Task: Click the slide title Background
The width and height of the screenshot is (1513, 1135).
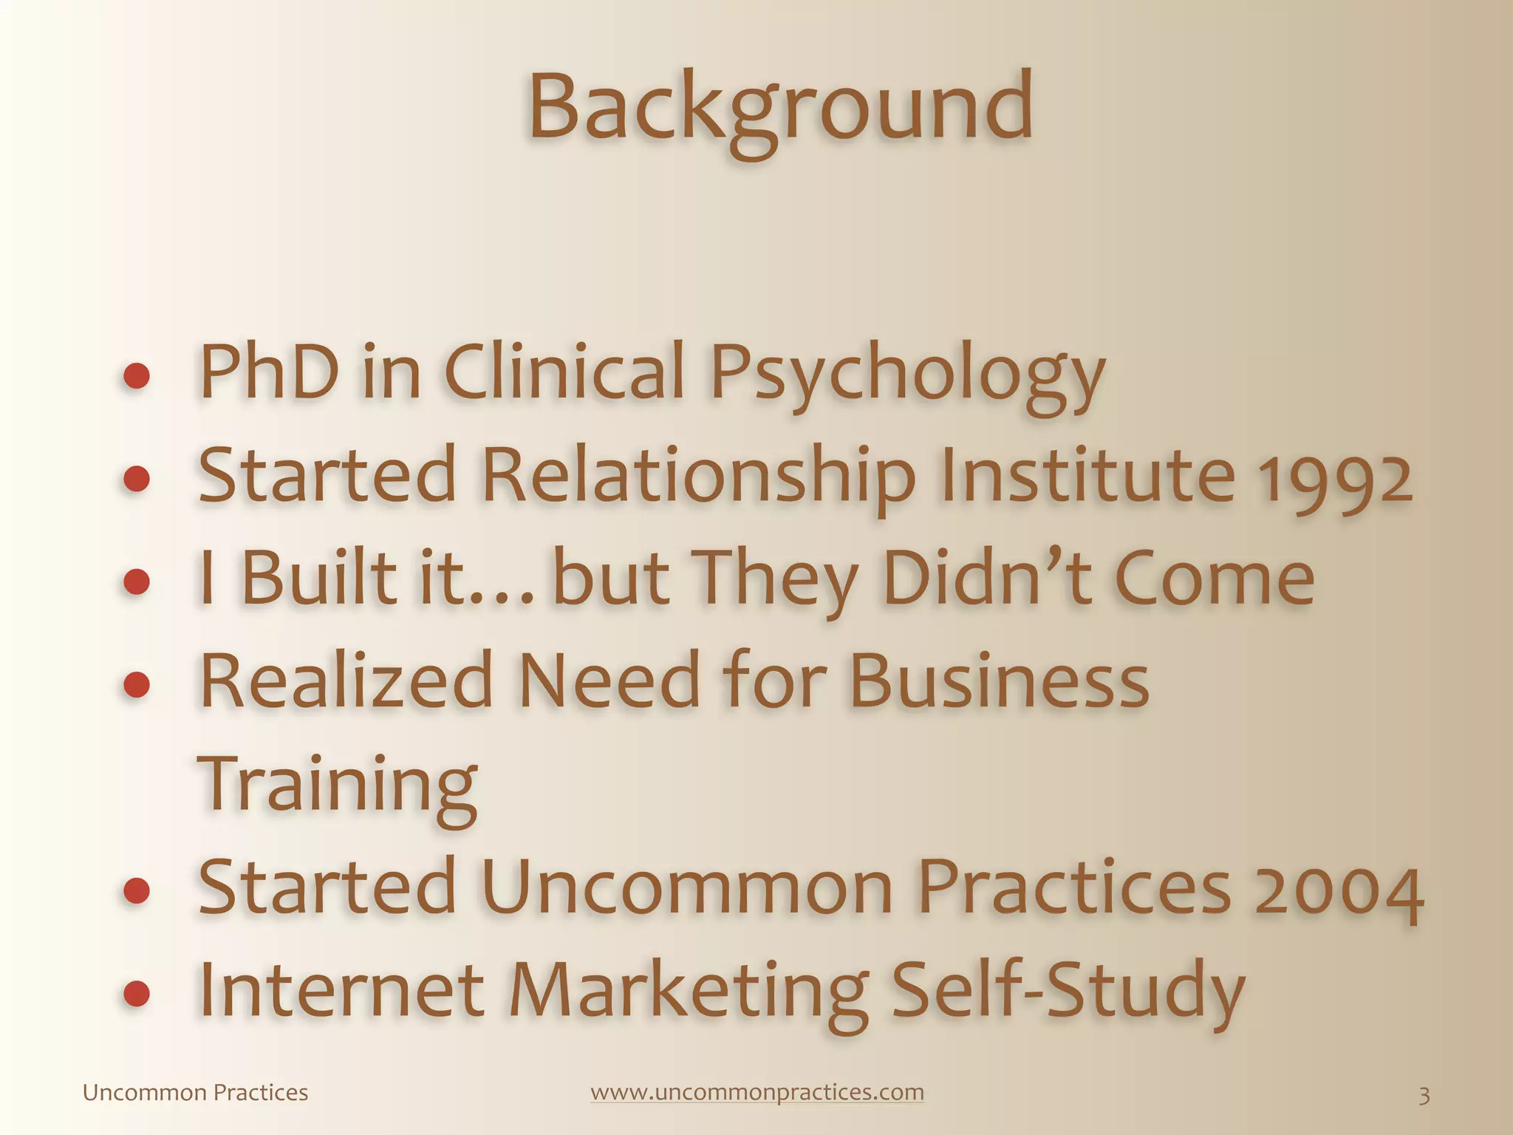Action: coord(780,108)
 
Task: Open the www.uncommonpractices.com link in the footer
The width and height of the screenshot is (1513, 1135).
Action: coord(757,1092)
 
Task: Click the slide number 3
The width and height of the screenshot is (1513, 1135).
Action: coord(1424,1095)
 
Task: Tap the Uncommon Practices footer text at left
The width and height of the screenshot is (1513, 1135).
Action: coord(195,1093)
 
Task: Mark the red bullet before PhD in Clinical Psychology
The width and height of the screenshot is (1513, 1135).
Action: coord(137,377)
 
